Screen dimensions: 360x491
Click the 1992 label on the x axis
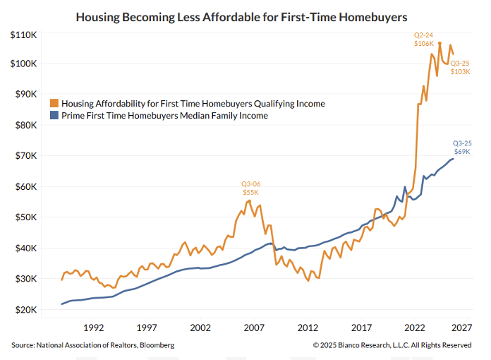coord(94,328)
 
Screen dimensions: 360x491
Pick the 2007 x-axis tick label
coord(254,328)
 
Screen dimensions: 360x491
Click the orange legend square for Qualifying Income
coord(56,103)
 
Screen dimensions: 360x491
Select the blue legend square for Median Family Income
coord(56,116)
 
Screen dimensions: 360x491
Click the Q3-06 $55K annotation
coord(251,188)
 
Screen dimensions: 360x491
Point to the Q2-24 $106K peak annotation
coord(424,39)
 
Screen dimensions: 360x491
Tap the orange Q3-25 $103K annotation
coord(460,67)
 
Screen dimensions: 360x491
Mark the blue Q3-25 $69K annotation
coord(461,147)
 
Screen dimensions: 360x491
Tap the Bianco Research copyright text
coord(392,345)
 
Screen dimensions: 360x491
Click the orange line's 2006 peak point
coord(249,200)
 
